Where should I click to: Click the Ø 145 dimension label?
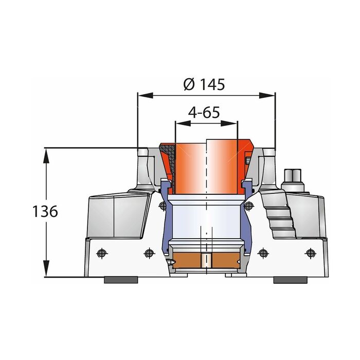tap(204, 84)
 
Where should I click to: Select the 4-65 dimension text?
tap(204, 112)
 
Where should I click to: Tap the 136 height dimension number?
tap(45, 211)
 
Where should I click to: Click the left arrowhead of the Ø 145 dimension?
tap(146, 95)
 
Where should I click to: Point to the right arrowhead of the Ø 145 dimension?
tap(267, 95)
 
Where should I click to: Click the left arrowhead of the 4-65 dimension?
tap(183, 123)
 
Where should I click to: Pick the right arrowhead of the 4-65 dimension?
tap(229, 123)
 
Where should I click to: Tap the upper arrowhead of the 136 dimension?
tap(46, 156)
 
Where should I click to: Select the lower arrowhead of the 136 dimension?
tap(46, 268)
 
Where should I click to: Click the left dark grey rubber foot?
tap(121, 280)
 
